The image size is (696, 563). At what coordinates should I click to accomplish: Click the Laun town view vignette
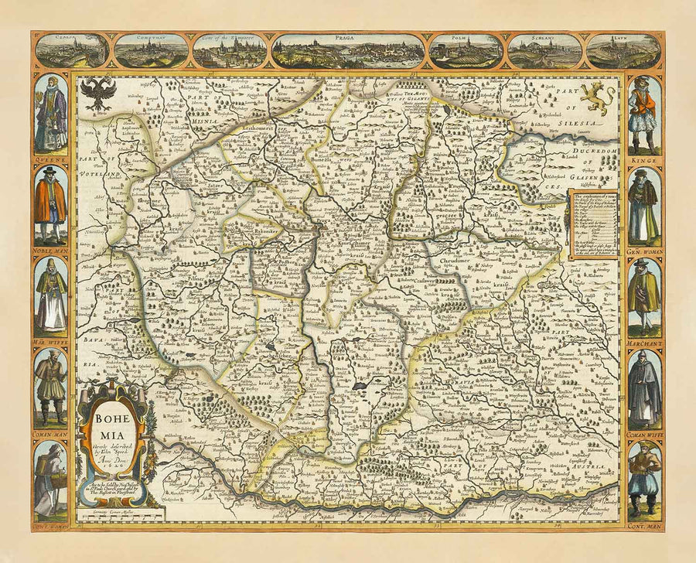(x=623, y=51)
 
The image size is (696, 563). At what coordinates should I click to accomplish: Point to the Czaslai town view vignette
(x=72, y=51)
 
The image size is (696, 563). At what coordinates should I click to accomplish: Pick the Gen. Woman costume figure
(x=644, y=205)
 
